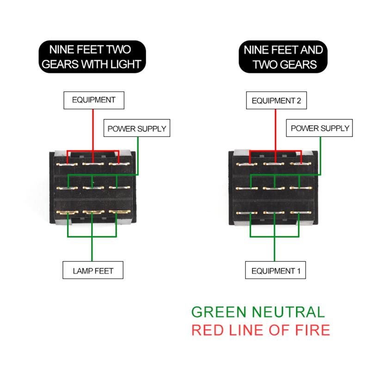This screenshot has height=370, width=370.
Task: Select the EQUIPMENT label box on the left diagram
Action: [93, 99]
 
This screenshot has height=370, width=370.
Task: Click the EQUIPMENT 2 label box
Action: [276, 100]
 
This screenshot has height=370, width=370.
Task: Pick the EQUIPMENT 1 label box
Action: [276, 271]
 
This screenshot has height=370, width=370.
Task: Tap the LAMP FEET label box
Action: [93, 271]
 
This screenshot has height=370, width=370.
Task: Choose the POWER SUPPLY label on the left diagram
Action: [136, 128]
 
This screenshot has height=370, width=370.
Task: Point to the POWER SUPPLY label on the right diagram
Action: [320, 128]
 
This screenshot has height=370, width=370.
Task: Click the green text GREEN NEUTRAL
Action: [258, 312]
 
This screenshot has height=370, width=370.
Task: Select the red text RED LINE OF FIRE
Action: [261, 330]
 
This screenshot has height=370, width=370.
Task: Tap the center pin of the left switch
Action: [92, 188]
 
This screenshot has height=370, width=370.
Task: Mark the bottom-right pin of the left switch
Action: [118, 213]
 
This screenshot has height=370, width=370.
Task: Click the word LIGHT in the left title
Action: [125, 64]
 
